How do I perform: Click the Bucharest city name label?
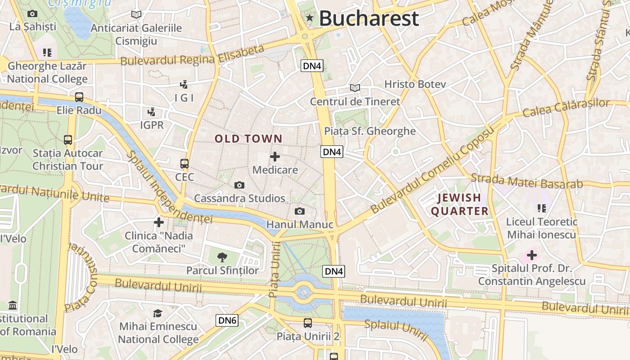(x=369, y=19)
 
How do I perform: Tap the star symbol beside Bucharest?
(x=310, y=18)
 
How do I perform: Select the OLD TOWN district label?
(x=248, y=139)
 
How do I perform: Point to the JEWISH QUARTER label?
(x=459, y=204)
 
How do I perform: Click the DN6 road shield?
(x=227, y=320)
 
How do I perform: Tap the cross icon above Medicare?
(x=274, y=157)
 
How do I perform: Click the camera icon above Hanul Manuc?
(x=300, y=211)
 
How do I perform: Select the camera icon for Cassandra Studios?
(x=239, y=185)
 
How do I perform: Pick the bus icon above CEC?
(x=184, y=163)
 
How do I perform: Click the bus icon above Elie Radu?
(x=79, y=97)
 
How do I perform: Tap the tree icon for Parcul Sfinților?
(x=222, y=257)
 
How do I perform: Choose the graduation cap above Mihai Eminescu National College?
(x=157, y=313)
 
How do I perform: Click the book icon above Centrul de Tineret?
(x=355, y=88)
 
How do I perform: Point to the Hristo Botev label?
(x=415, y=84)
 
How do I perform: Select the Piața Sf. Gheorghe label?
(x=370, y=131)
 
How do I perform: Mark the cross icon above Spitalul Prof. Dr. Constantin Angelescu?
(x=532, y=255)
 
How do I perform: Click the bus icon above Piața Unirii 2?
(x=308, y=323)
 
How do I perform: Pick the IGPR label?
(x=152, y=125)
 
